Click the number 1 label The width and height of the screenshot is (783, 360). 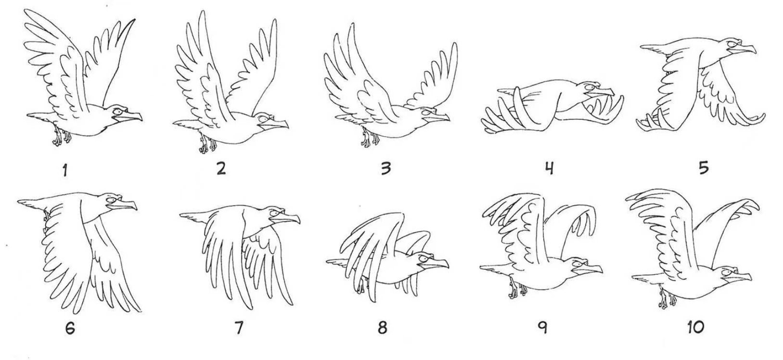point(65,170)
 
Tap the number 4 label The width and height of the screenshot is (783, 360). point(550,169)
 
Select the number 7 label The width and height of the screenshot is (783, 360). point(239,328)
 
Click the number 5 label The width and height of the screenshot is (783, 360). point(704,168)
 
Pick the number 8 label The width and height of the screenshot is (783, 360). point(383,328)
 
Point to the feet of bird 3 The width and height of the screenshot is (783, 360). point(370,138)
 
